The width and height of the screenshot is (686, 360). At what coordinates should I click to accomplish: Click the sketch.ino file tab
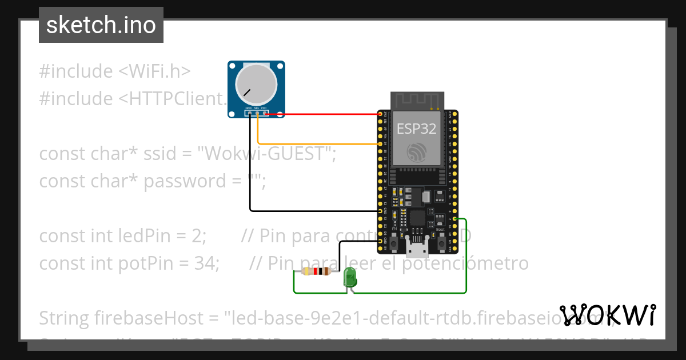pyautogui.click(x=101, y=25)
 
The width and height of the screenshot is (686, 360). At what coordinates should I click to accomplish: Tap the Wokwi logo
pyautogui.click(x=608, y=315)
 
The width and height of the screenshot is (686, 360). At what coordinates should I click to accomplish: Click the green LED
pyautogui.click(x=350, y=279)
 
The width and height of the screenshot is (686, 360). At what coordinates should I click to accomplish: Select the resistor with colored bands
pyautogui.click(x=315, y=272)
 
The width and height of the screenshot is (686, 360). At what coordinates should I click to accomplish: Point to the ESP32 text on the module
pyautogui.click(x=417, y=129)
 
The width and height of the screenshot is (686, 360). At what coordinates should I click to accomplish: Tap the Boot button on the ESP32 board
pyautogui.click(x=442, y=242)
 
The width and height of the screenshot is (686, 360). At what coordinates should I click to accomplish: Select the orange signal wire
pyautogui.click(x=314, y=143)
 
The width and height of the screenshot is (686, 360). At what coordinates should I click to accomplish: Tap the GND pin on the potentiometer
pyautogui.click(x=249, y=113)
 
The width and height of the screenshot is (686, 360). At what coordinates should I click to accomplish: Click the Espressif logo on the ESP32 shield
pyautogui.click(x=417, y=151)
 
